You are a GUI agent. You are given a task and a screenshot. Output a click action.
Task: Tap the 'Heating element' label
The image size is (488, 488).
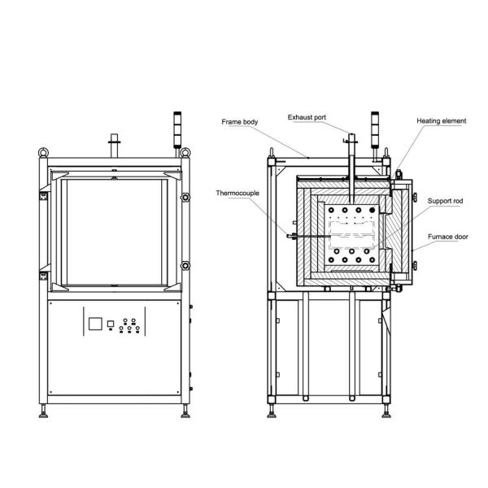point(442,120)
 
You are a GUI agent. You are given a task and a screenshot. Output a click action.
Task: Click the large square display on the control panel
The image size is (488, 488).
point(95,324)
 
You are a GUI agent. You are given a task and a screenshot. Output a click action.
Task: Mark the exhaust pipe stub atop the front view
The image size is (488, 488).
point(115,143)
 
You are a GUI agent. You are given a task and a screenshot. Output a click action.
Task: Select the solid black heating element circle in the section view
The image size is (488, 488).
point(373,210)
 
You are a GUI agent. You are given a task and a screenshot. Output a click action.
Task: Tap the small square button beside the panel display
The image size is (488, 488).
point(111,325)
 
